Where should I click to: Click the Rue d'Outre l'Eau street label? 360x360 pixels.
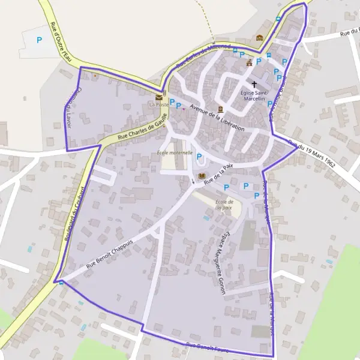58,40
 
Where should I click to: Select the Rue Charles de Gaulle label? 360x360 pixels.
141,128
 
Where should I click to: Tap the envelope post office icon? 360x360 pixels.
159,96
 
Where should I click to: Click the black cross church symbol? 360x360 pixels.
254,85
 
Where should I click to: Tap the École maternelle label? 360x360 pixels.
174,152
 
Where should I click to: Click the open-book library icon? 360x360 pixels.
201,176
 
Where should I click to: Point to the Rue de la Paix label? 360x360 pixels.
218,173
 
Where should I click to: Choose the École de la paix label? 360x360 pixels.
223,205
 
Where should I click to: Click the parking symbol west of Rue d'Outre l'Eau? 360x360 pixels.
40,40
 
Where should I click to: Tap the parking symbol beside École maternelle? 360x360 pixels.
199,157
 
